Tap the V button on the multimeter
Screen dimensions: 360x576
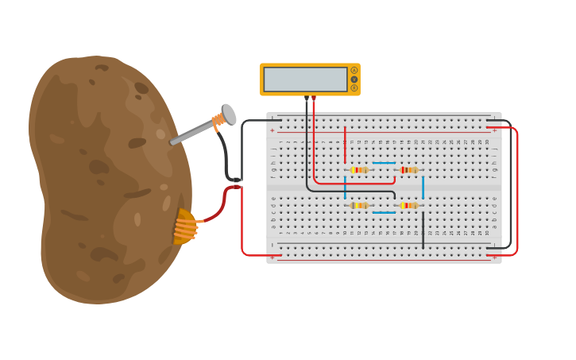tap(354, 79)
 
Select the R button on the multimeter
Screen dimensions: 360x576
tap(354, 88)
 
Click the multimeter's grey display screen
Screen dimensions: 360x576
tap(306, 79)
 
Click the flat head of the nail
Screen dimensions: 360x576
tap(229, 114)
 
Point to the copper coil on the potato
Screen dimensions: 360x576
tap(185, 226)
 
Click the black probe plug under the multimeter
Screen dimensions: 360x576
tap(307, 99)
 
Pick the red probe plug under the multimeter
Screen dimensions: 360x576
tap(314, 99)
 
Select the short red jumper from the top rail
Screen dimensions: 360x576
tap(345, 145)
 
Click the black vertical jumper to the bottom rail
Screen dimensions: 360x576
tap(423, 230)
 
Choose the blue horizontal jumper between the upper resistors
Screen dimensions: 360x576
tap(384, 163)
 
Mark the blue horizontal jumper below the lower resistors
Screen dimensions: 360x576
tap(384, 212)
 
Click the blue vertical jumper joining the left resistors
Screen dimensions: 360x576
tap(345, 188)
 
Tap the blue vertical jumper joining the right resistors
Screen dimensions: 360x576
tap(423, 188)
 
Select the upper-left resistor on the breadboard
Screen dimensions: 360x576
tap(359, 170)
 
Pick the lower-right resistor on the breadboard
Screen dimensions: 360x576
tap(408, 206)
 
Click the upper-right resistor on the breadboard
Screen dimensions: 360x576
tap(408, 170)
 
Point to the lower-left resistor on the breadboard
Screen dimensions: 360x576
tap(359, 206)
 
